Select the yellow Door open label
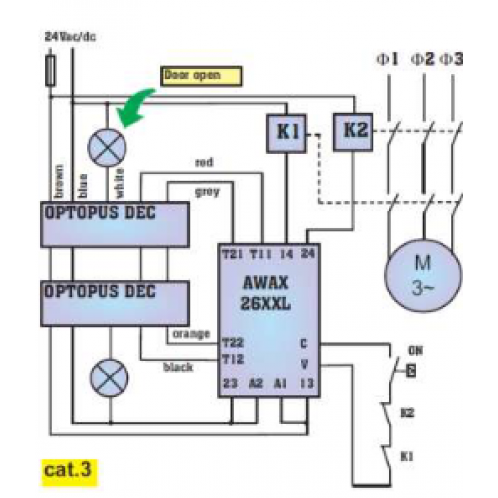tap(201, 74)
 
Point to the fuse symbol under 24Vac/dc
tap(52, 70)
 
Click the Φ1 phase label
tap(387, 60)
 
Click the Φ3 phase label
tap(452, 60)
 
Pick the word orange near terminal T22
tap(190, 333)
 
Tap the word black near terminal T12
tap(177, 367)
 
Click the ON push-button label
tap(416, 350)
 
